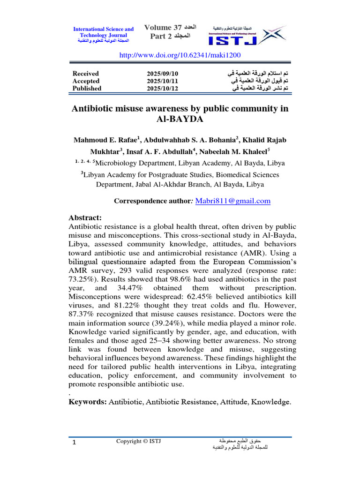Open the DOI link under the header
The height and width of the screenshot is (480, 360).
180,55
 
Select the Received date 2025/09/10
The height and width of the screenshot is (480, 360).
163,74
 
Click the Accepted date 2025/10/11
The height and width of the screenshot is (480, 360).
163,81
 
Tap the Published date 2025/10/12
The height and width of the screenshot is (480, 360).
163,88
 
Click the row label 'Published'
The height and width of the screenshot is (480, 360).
87,88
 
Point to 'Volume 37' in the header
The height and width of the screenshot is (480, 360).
162,28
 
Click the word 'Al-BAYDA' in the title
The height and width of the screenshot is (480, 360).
180,119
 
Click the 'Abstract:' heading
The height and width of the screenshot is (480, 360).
85,218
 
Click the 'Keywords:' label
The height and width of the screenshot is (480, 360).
88,402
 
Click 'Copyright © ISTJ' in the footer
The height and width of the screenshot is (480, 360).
138,441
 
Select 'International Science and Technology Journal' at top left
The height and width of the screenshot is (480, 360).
103,32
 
